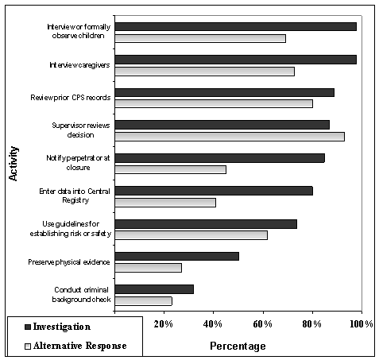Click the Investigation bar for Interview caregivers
point(235,60)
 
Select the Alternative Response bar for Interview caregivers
point(204,72)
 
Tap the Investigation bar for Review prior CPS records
point(224,92)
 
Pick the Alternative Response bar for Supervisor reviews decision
point(229,137)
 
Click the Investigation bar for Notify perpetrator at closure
point(219,157)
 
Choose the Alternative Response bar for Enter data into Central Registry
point(165,203)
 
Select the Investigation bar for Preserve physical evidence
point(176,256)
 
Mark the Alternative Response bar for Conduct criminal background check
point(143,301)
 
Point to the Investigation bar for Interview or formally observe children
point(235,26)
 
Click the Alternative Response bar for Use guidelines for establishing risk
point(191,235)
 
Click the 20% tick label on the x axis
point(163,324)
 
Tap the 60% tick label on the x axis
point(262,324)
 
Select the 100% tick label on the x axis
point(359,324)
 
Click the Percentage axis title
point(238,346)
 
